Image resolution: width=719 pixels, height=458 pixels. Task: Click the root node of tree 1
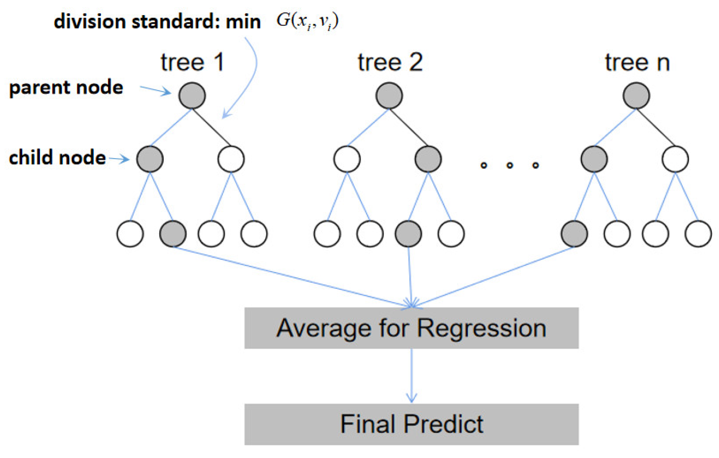pos(192,95)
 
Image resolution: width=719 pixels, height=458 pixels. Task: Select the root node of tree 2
pos(389,95)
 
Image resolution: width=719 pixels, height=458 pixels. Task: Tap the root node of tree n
pos(636,95)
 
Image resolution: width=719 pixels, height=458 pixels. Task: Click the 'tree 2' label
pos(390,63)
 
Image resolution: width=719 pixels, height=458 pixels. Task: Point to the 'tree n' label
pos(637,63)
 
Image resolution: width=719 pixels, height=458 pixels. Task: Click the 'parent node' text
pos(66,88)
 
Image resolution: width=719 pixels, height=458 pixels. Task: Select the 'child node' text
pos(57,158)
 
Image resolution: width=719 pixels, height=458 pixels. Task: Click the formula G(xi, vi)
pos(307,21)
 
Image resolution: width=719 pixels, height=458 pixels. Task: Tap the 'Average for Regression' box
pos(411,328)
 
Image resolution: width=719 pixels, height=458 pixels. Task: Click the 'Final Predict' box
pos(411,424)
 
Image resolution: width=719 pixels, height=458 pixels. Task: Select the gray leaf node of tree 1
pos(173,234)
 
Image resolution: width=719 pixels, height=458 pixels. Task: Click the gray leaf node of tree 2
pos(408,234)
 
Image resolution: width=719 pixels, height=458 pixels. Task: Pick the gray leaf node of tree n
pos(574,234)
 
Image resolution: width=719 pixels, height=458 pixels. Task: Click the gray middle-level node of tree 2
pos(428,159)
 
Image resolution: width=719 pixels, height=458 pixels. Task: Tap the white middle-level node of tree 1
pos(231,159)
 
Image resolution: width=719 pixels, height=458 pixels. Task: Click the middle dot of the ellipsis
pos(510,165)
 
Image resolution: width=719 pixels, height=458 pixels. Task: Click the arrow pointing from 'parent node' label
pos(155,90)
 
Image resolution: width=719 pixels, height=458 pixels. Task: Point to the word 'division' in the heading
pos(90,22)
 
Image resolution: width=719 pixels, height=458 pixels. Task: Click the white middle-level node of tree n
pos(675,159)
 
